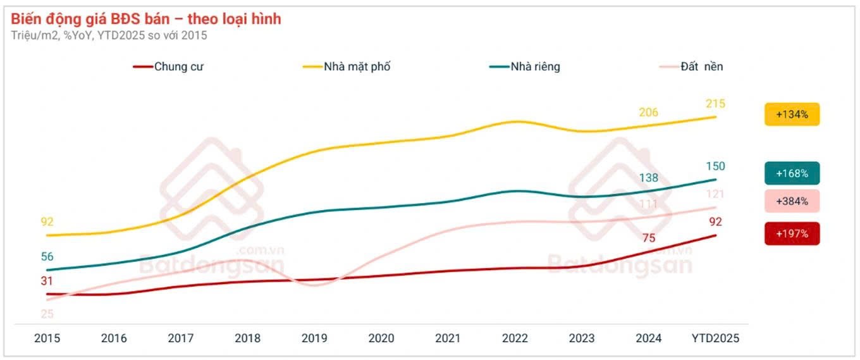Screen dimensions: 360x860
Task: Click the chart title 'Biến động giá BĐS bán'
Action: click(146, 19)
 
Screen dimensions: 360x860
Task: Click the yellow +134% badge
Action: click(792, 115)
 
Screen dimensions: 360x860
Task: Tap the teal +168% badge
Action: click(792, 173)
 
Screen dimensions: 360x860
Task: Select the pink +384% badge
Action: click(792, 201)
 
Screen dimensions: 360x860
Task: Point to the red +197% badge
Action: click(792, 233)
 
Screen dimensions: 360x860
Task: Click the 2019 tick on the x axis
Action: click(315, 338)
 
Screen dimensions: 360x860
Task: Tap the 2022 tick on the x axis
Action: click(515, 338)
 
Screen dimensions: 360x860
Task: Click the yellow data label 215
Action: click(716, 104)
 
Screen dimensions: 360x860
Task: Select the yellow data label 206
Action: click(648, 113)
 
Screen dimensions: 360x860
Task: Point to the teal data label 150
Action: click(716, 166)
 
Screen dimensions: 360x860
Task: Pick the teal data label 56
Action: click(47, 257)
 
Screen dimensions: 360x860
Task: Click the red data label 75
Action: click(649, 239)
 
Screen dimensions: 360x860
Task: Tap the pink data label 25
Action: click(47, 314)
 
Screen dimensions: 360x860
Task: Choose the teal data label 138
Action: click(649, 179)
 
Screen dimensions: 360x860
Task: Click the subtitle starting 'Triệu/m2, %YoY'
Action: click(109, 35)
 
